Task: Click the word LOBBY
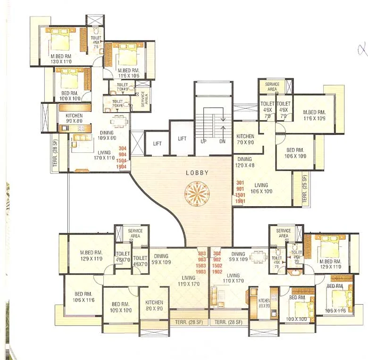[197, 173]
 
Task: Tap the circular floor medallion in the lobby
[197, 193]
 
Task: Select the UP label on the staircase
[204, 141]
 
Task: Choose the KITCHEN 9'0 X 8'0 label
[74, 118]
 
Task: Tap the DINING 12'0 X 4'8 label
[244, 162]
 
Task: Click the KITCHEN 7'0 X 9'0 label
[245, 139]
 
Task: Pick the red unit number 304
[122, 148]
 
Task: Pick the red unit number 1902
[217, 272]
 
